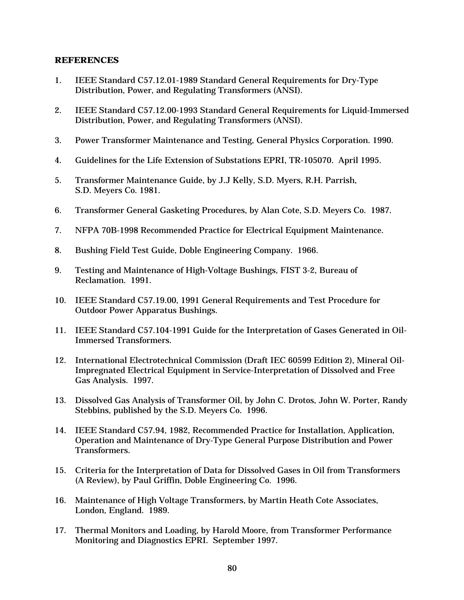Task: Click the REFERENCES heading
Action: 87,60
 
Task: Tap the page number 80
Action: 232,568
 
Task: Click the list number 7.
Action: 58,230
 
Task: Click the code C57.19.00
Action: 157,300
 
